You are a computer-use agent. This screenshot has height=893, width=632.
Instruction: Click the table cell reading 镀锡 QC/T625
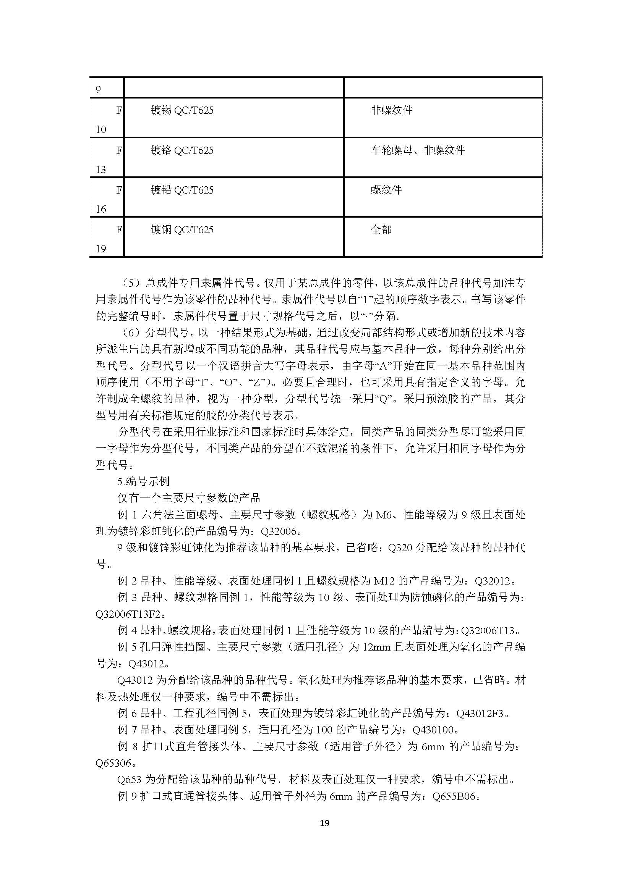pos(182,110)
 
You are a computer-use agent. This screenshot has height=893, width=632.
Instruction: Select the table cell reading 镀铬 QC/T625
pos(182,150)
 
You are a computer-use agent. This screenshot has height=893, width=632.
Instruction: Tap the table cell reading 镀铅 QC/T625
pos(182,190)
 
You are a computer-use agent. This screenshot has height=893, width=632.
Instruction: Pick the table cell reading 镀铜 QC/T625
pos(182,229)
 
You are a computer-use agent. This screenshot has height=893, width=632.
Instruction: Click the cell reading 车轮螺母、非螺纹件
pos(418,150)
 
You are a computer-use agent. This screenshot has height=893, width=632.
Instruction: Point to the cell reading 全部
pos(381,229)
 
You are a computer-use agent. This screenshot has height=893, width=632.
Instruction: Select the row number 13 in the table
pos(101,169)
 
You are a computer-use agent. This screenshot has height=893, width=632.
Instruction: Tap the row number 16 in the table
pos(101,209)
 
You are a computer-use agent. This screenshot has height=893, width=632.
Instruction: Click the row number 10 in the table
pos(101,129)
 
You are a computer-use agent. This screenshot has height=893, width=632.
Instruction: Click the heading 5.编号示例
pos(144,481)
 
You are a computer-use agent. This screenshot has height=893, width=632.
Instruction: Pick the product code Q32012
pos(492,581)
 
